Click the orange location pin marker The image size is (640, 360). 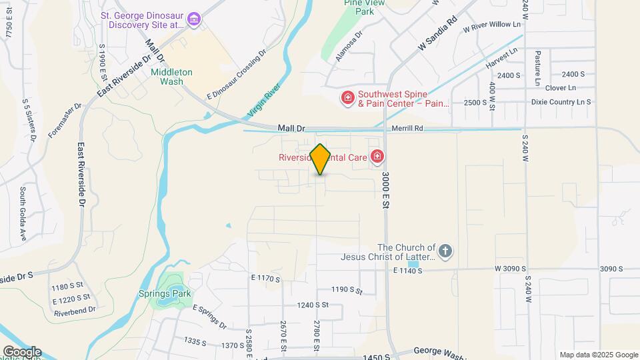click(x=321, y=159)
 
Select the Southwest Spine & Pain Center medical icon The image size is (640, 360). click(x=347, y=99)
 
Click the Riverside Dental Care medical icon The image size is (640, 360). click(x=378, y=157)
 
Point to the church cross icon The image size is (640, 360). click(x=445, y=251)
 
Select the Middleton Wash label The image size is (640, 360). click(x=171, y=77)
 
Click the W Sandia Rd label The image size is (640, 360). click(x=437, y=35)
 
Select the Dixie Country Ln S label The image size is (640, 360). click(x=561, y=102)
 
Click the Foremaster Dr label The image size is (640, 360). click(x=65, y=120)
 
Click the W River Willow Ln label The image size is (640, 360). click(x=493, y=26)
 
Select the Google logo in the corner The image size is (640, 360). click(x=22, y=352)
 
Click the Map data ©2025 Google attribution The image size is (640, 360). click(x=598, y=355)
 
